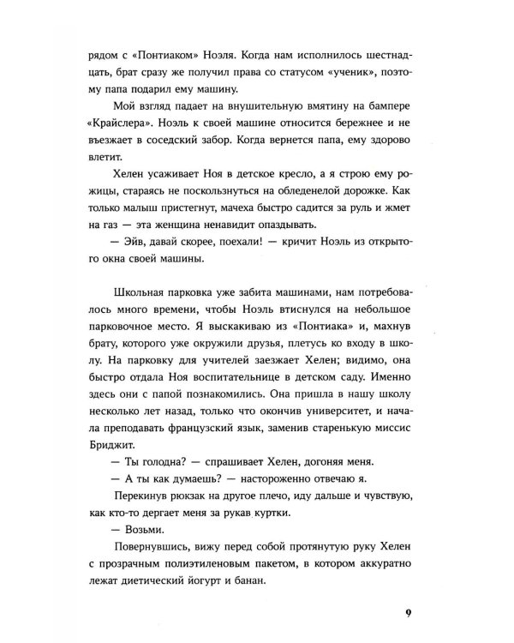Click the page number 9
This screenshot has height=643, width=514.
click(408, 612)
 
